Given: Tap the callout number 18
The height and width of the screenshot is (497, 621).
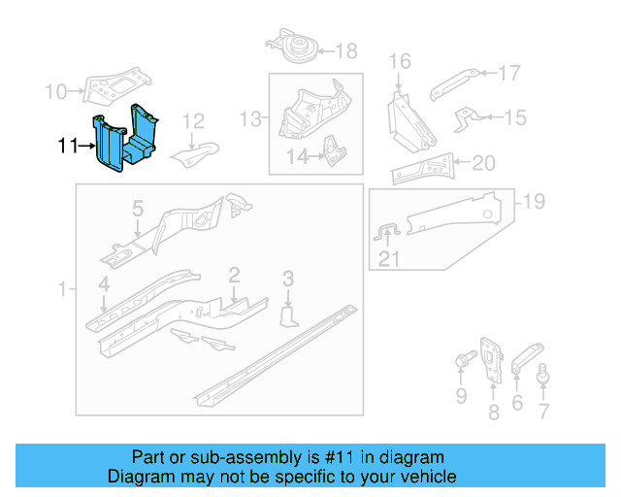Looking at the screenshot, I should click(345, 51).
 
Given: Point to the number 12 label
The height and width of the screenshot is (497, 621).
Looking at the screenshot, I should click(194, 121).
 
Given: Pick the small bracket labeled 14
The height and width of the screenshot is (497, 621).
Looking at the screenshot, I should click(333, 150).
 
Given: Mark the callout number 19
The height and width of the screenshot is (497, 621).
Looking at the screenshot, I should click(534, 202).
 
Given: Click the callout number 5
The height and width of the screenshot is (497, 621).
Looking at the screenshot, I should click(138, 209).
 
